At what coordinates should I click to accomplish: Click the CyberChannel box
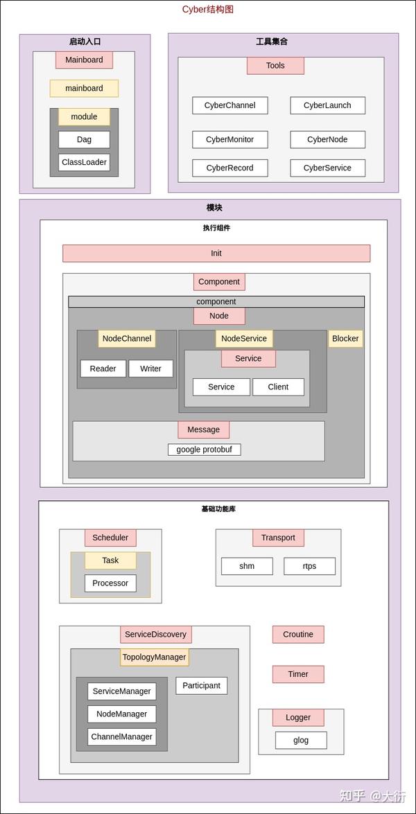coord(230,105)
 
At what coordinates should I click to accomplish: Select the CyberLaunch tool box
coord(327,105)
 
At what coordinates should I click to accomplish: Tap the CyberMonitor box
coord(230,139)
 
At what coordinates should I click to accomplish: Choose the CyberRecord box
coord(230,168)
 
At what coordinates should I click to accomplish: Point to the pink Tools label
coord(275,66)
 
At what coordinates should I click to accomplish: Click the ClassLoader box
coord(84,162)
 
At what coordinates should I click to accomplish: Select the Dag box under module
coord(84,139)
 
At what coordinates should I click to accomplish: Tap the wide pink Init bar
coord(216,254)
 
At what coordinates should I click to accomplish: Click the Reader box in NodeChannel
coord(103,369)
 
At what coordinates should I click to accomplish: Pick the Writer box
coord(150,369)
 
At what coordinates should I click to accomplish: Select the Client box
coord(278,387)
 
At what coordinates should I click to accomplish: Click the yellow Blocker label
coord(345,339)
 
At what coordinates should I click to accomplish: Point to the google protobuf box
coord(205,450)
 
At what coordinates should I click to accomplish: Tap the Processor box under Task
coord(110,583)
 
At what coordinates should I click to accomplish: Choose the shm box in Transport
coord(247,566)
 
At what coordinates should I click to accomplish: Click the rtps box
coord(309,566)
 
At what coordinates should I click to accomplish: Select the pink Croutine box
coord(298,635)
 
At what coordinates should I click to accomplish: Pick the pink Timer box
coord(298,674)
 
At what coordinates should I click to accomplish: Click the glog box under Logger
coord(301,740)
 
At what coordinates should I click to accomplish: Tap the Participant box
coord(201,686)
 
